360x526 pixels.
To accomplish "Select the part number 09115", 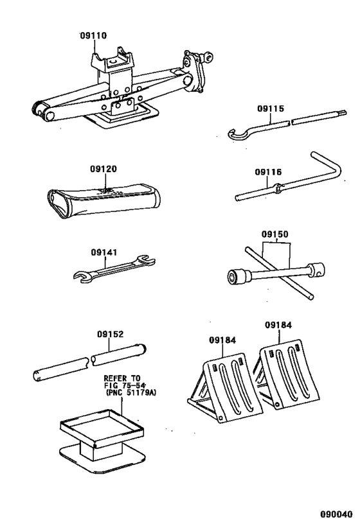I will (x=271, y=109).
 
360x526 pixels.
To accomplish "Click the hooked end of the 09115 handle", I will (x=237, y=134).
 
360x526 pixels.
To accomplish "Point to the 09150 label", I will (x=275, y=234).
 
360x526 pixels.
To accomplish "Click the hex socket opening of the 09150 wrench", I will (x=233, y=276).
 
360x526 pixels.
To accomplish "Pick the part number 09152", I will (x=111, y=334).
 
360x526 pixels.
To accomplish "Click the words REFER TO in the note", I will (x=122, y=379).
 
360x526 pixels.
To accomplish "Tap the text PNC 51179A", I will (x=126, y=393).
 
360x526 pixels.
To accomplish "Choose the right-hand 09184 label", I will (x=278, y=325).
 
